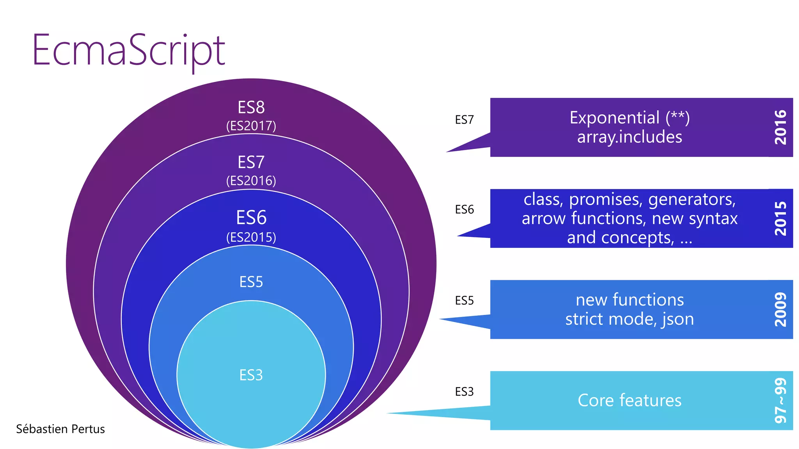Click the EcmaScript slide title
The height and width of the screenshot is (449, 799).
128,51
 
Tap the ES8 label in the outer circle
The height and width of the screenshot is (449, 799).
251,107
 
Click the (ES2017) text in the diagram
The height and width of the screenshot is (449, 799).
251,126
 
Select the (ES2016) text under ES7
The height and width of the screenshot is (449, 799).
251,181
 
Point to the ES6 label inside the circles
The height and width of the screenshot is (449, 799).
251,217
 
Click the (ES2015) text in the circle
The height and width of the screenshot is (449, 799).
251,237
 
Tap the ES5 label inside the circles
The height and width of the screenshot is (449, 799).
251,282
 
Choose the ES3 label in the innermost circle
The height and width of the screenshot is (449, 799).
251,375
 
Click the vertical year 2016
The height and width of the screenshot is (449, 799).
781,127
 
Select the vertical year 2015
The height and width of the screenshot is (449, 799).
781,218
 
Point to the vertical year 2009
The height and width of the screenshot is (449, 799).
781,309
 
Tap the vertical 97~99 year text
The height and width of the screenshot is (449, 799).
781,400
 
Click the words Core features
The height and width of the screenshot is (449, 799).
629,400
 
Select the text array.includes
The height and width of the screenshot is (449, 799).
629,137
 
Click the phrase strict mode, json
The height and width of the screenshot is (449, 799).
629,319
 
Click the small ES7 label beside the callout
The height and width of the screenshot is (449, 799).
464,120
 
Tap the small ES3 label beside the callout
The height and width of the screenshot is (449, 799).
464,391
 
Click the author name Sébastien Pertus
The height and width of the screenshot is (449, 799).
60,429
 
